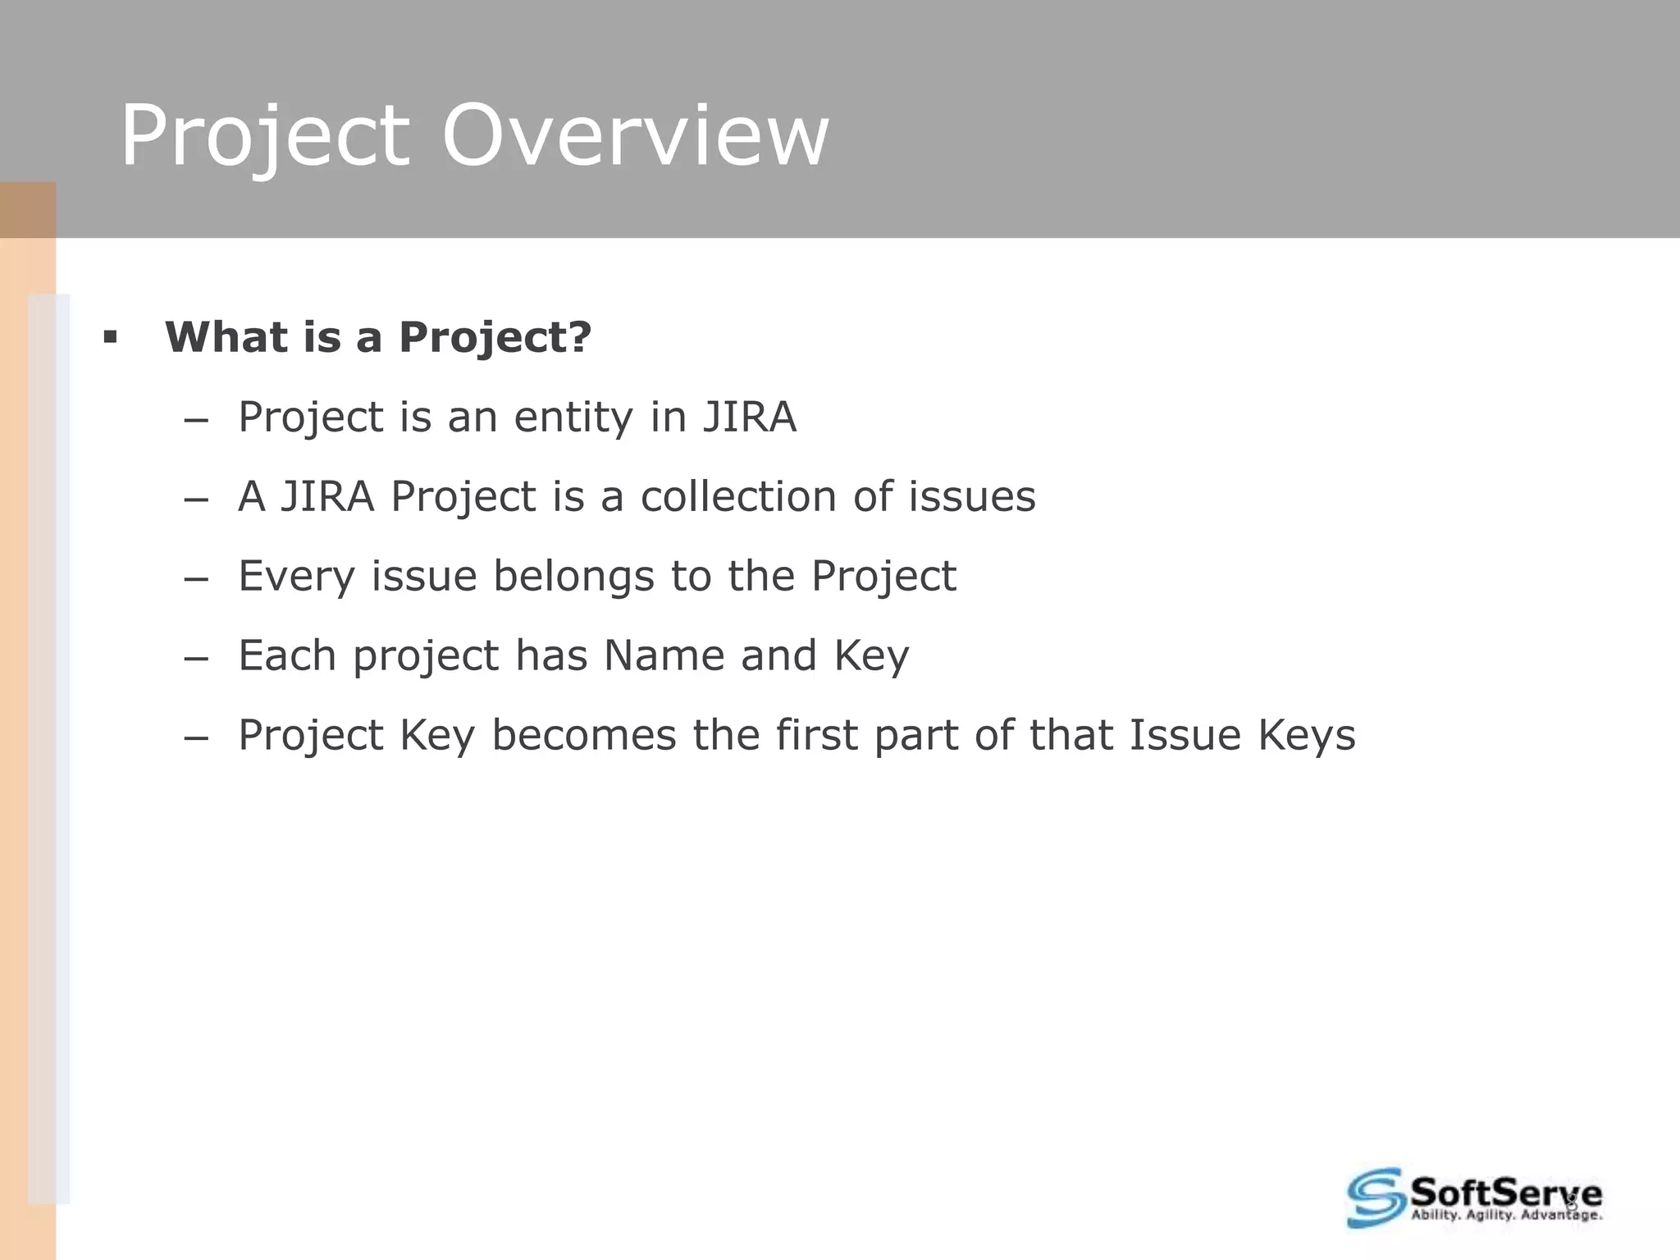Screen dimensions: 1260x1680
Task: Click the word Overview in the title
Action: pyautogui.click(x=635, y=135)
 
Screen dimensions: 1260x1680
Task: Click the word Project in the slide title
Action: pyautogui.click(x=264, y=135)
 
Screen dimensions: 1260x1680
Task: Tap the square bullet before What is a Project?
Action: pyautogui.click(x=111, y=336)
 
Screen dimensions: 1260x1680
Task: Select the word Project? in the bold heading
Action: pyautogui.click(x=495, y=336)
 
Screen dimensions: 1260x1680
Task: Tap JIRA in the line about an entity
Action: pyautogui.click(x=750, y=417)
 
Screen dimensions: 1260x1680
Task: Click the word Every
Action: pyautogui.click(x=296, y=576)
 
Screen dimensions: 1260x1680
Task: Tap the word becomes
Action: pyautogui.click(x=584, y=735)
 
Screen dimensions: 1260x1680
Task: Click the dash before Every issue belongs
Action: pyautogui.click(x=196, y=578)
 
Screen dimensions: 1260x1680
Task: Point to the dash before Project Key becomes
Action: pyautogui.click(x=196, y=737)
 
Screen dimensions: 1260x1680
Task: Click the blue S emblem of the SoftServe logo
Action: pyautogui.click(x=1376, y=1198)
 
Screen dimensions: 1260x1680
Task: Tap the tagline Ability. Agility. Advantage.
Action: pyautogui.click(x=1506, y=1215)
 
